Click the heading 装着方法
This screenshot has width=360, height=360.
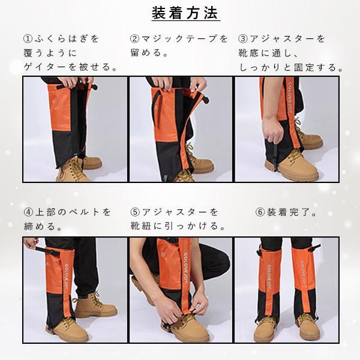point(185,13)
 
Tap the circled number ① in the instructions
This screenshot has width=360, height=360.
point(28,38)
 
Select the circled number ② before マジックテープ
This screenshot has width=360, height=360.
point(135,38)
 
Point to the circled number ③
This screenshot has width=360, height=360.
point(243,38)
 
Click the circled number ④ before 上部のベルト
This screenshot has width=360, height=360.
point(28,212)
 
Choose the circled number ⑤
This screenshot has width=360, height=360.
point(135,212)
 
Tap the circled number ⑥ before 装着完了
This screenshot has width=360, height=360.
point(260,212)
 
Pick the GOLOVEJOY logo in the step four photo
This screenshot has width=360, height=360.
point(67,276)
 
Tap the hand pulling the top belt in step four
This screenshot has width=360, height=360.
point(31,244)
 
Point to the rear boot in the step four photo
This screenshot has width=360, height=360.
point(95,305)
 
